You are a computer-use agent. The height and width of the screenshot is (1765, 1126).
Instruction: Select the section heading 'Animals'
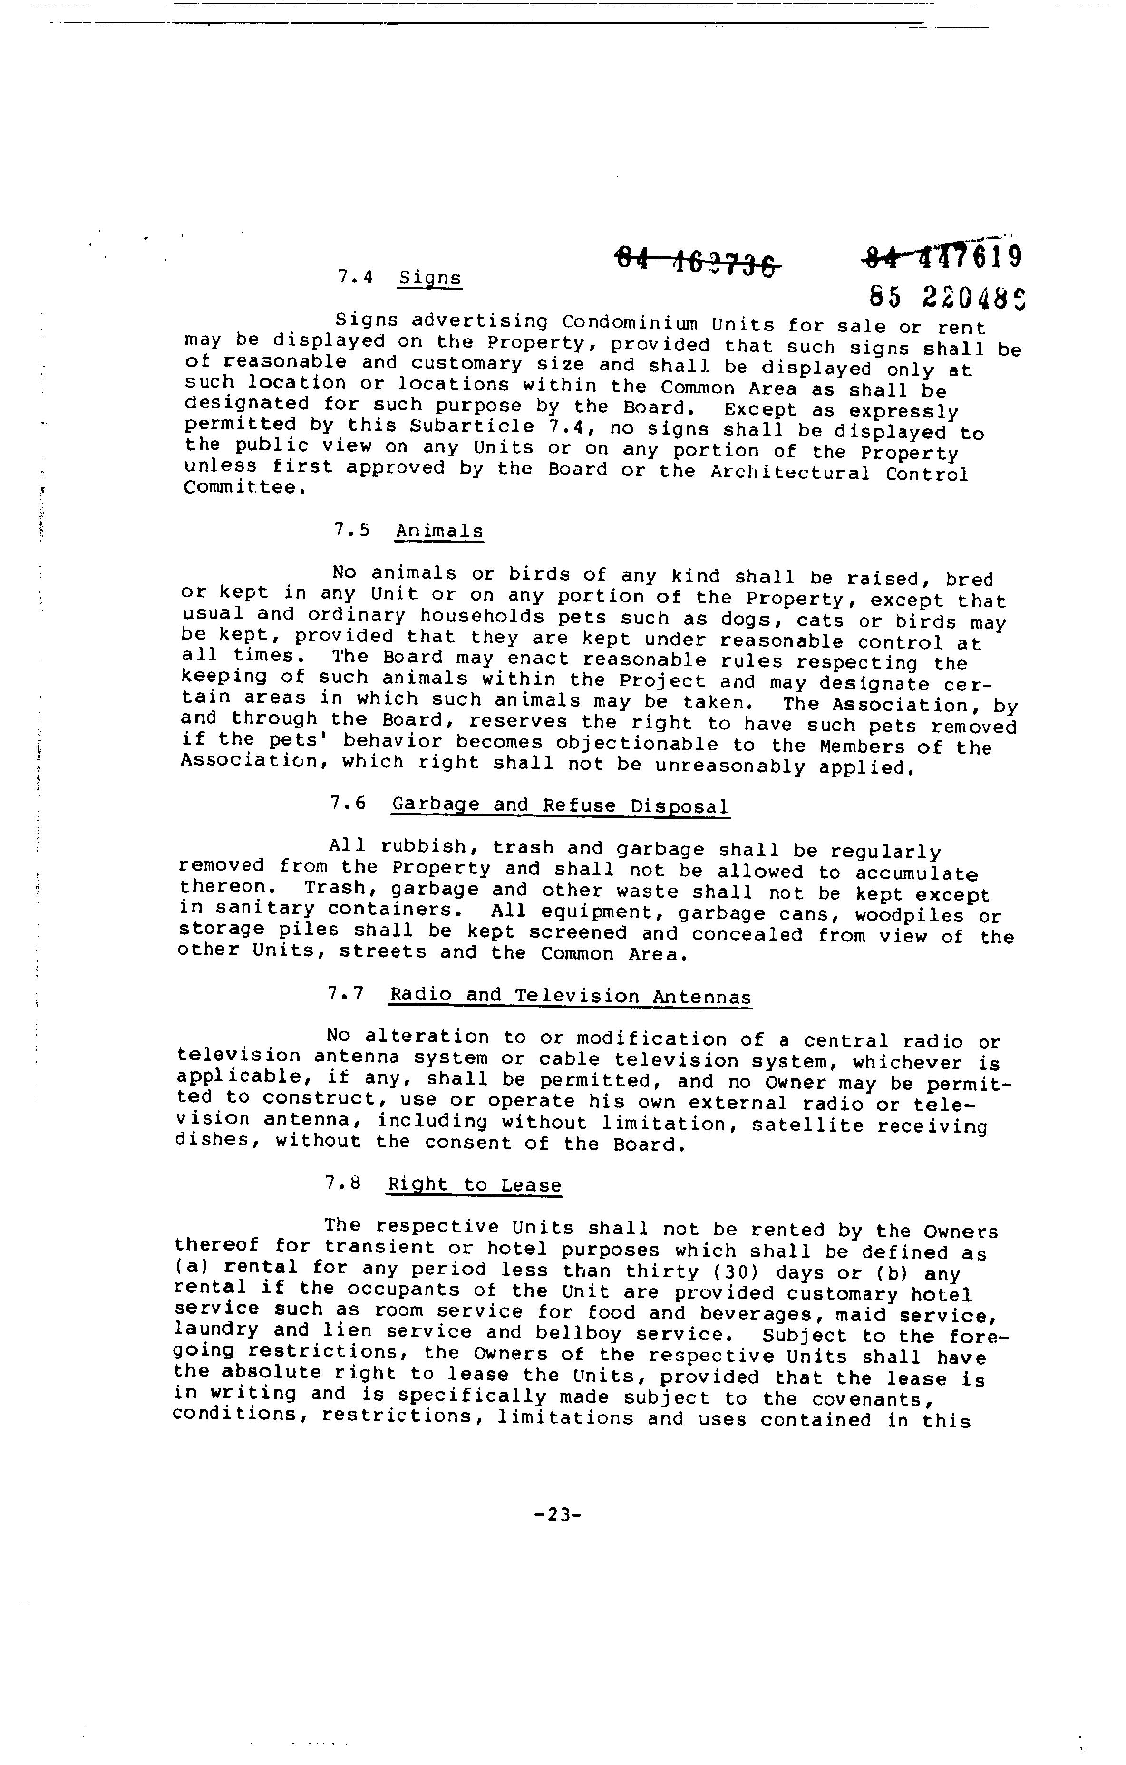(439, 532)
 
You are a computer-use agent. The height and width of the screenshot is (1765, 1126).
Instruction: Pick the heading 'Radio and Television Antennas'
(570, 996)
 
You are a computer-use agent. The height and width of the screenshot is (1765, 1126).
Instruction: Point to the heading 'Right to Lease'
(474, 1185)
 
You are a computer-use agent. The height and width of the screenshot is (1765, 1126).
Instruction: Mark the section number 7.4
(356, 277)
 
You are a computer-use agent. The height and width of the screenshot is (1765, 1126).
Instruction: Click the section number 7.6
(348, 804)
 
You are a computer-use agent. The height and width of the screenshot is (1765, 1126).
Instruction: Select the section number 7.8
(344, 1183)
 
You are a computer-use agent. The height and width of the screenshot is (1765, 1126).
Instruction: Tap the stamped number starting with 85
(946, 297)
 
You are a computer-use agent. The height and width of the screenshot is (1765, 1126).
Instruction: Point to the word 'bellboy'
(578, 1335)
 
